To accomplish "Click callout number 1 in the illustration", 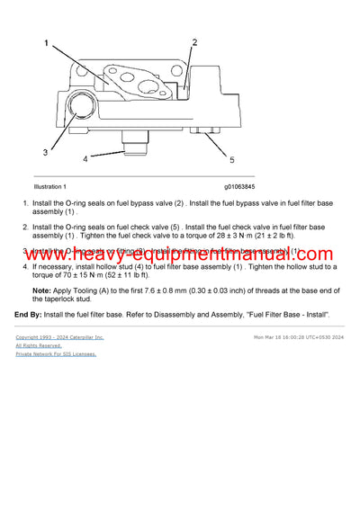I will click(48, 42).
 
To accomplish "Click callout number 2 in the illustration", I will click(193, 42).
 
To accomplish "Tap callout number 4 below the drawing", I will click(85, 159).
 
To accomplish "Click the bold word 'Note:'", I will click(42, 291).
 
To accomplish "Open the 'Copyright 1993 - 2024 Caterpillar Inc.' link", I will click(59, 337).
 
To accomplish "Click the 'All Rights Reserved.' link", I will click(39, 345).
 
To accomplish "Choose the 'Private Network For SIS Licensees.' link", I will click(56, 353).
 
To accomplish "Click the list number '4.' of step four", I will click(25, 267).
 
